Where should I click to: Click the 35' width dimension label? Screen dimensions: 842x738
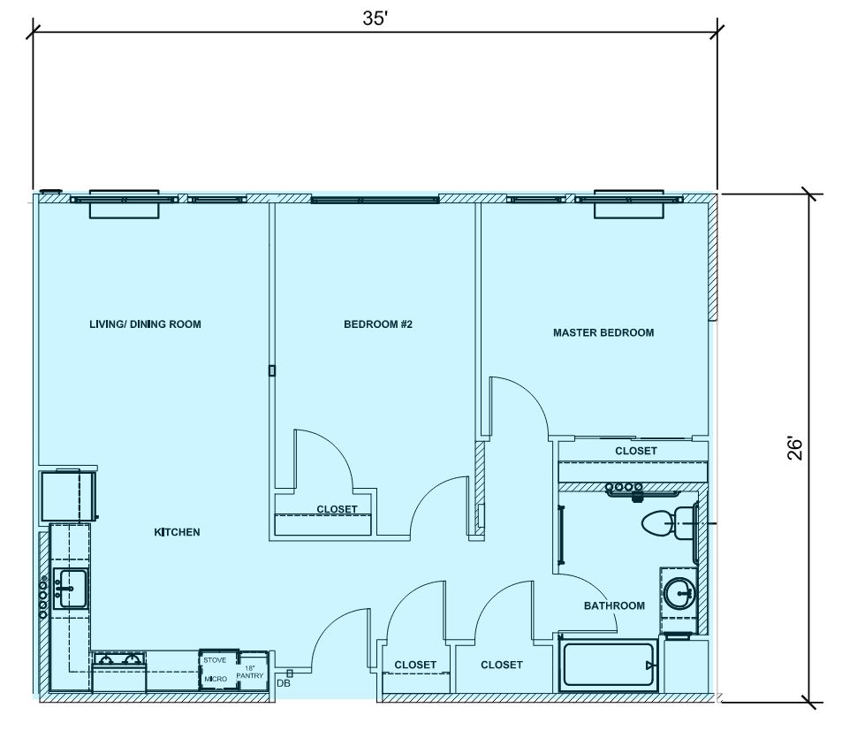[375, 19]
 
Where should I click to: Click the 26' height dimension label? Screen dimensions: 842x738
[795, 449]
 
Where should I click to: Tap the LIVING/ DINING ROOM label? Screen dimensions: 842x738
[145, 324]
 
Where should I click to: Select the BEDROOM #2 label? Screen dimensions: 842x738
[378, 324]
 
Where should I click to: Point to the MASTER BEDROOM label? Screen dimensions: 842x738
[603, 333]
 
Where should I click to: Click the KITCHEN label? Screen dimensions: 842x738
[178, 532]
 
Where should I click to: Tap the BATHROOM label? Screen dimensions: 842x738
[614, 606]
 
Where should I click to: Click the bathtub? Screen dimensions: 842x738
[609, 665]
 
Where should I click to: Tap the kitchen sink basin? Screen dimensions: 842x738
[72, 589]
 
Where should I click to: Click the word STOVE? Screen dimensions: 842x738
[215, 660]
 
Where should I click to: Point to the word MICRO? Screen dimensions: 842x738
[216, 679]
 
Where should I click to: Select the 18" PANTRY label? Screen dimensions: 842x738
[250, 672]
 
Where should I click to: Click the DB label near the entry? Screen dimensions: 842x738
[284, 684]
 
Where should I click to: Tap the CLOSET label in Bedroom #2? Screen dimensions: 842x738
[337, 509]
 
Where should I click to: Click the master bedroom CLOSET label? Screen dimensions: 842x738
[636, 451]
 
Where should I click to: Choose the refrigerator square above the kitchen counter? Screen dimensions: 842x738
[69, 495]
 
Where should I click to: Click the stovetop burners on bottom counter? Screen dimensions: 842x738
[119, 658]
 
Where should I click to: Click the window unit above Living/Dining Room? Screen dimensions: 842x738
[124, 204]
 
